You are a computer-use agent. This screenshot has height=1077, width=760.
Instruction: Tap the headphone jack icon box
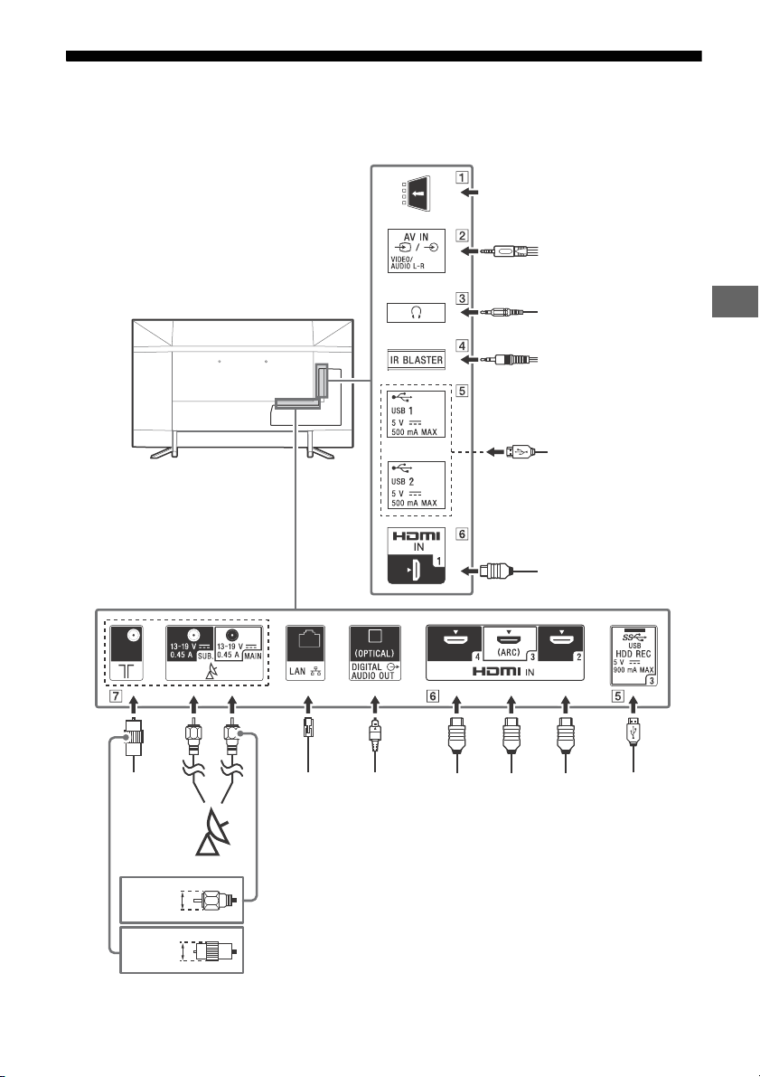coord(416,313)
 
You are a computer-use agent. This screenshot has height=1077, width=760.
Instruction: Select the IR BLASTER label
coord(416,359)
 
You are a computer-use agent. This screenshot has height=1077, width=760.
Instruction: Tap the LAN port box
coord(305,653)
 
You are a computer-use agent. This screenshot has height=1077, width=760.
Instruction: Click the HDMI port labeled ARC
coord(510,643)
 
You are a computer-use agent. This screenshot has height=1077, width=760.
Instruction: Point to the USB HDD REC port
coord(633,656)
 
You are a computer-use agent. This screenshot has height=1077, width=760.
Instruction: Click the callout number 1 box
coord(463,176)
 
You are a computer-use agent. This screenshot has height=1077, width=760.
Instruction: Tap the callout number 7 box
coord(116,696)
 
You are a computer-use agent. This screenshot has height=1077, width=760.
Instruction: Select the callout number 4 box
coord(463,345)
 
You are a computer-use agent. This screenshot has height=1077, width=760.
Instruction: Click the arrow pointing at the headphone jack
coord(470,313)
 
